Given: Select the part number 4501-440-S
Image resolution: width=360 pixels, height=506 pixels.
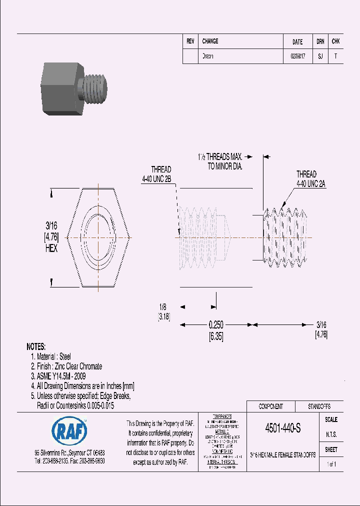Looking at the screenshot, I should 283,428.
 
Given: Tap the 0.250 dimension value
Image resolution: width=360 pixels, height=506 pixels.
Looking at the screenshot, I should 216,325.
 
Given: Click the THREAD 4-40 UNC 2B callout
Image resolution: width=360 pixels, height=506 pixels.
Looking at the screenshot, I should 161,174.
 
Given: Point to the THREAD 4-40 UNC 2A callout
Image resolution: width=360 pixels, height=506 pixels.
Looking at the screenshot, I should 311,179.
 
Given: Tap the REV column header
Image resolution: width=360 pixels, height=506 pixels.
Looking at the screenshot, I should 190,42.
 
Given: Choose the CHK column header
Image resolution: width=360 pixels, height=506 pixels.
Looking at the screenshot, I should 335,42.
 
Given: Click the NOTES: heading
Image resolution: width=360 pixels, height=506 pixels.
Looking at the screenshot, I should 35,346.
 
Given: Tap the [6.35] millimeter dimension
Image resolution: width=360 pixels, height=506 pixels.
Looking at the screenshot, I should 215,336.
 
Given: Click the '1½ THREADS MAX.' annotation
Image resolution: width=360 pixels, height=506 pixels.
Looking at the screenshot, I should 219,157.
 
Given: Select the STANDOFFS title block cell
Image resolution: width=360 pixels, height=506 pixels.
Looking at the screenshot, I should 318,406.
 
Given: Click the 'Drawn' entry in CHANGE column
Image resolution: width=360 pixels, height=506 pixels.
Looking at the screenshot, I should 207,56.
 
